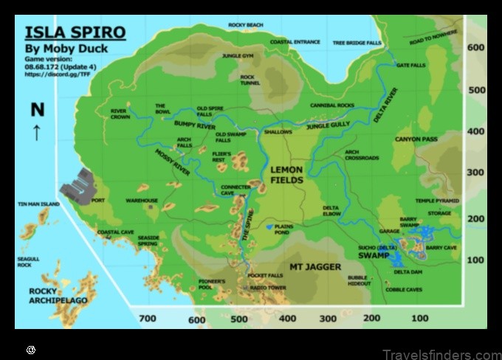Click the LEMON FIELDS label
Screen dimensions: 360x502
(286, 174)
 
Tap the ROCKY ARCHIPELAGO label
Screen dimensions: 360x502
(58, 295)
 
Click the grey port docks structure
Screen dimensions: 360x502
(78, 186)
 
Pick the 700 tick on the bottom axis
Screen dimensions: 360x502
(148, 319)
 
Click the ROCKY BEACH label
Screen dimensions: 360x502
(245, 25)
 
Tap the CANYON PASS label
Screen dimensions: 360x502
(416, 139)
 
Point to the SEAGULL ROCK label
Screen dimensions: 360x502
(28, 262)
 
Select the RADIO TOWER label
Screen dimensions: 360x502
(267, 288)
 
